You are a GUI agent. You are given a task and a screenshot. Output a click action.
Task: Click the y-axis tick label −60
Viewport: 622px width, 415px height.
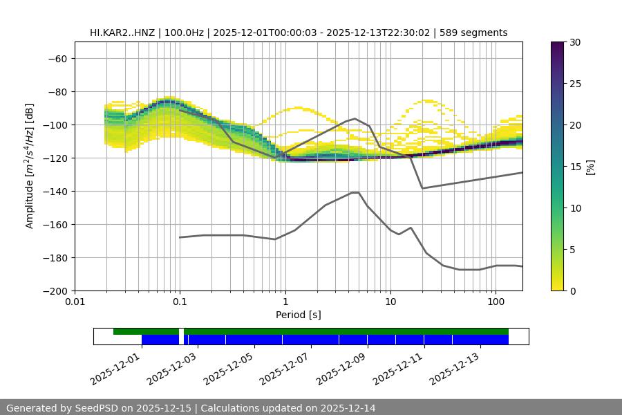pos(57,58)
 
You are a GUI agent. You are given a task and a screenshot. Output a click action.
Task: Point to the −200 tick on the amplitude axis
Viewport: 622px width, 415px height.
pos(55,290)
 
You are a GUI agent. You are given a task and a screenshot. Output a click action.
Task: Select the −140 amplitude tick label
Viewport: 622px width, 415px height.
pos(55,191)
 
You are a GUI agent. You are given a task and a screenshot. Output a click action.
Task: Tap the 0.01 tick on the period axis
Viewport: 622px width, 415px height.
pos(75,302)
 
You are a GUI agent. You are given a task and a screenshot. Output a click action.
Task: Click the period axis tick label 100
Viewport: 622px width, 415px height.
pos(496,302)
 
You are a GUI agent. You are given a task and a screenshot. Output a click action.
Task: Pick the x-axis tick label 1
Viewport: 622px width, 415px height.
pos(285,302)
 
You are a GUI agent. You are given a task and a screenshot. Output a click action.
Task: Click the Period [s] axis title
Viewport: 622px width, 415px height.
pos(298,315)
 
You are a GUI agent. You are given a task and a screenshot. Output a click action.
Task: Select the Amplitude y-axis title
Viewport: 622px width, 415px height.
pos(30,166)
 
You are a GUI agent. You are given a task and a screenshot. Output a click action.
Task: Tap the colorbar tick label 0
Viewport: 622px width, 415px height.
pos(569,290)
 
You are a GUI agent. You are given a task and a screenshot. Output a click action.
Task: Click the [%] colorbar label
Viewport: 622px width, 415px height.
pos(590,167)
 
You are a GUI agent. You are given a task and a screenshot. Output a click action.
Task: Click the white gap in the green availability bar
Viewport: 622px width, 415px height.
pos(181,331)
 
